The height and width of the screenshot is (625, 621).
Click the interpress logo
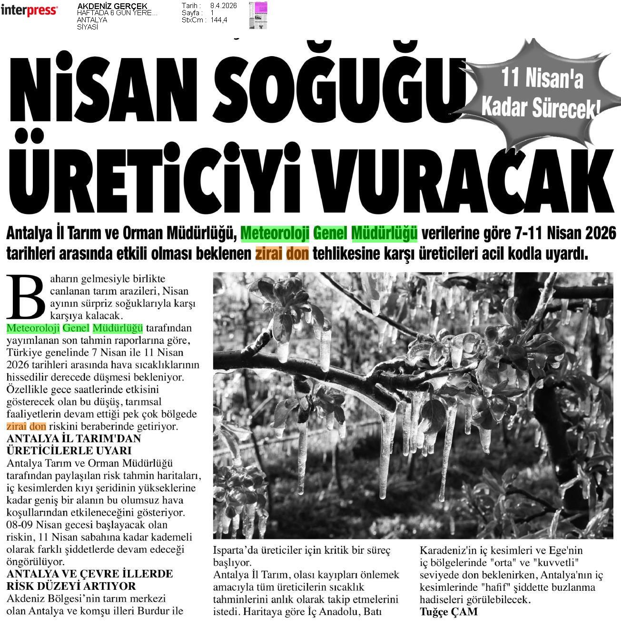click(x=29, y=10)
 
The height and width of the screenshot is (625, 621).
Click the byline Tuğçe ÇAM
click(x=448, y=612)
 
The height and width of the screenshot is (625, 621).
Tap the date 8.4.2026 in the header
click(x=223, y=6)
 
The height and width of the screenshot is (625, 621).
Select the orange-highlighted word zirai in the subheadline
click(x=268, y=254)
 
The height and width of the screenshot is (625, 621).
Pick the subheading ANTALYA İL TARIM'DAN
click(x=74, y=439)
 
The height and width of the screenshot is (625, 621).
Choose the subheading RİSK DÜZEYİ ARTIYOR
click(x=71, y=586)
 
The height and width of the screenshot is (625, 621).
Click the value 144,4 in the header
click(x=219, y=20)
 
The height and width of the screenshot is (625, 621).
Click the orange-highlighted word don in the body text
click(x=38, y=426)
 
